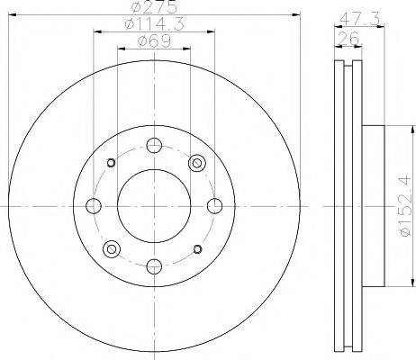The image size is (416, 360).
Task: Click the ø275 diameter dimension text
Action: [154, 7]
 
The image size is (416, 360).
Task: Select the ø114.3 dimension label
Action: [154, 24]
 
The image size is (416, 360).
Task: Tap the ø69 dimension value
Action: [154, 41]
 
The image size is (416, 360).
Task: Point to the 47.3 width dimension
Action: [359, 20]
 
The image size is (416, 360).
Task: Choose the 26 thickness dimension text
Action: [348, 38]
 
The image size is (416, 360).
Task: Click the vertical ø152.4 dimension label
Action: [405, 206]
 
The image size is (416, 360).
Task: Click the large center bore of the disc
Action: [154, 206]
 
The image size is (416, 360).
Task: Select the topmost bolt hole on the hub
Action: [154, 146]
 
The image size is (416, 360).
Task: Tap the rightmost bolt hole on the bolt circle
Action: [215, 206]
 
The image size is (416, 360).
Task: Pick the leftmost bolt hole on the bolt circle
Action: [94, 206]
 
